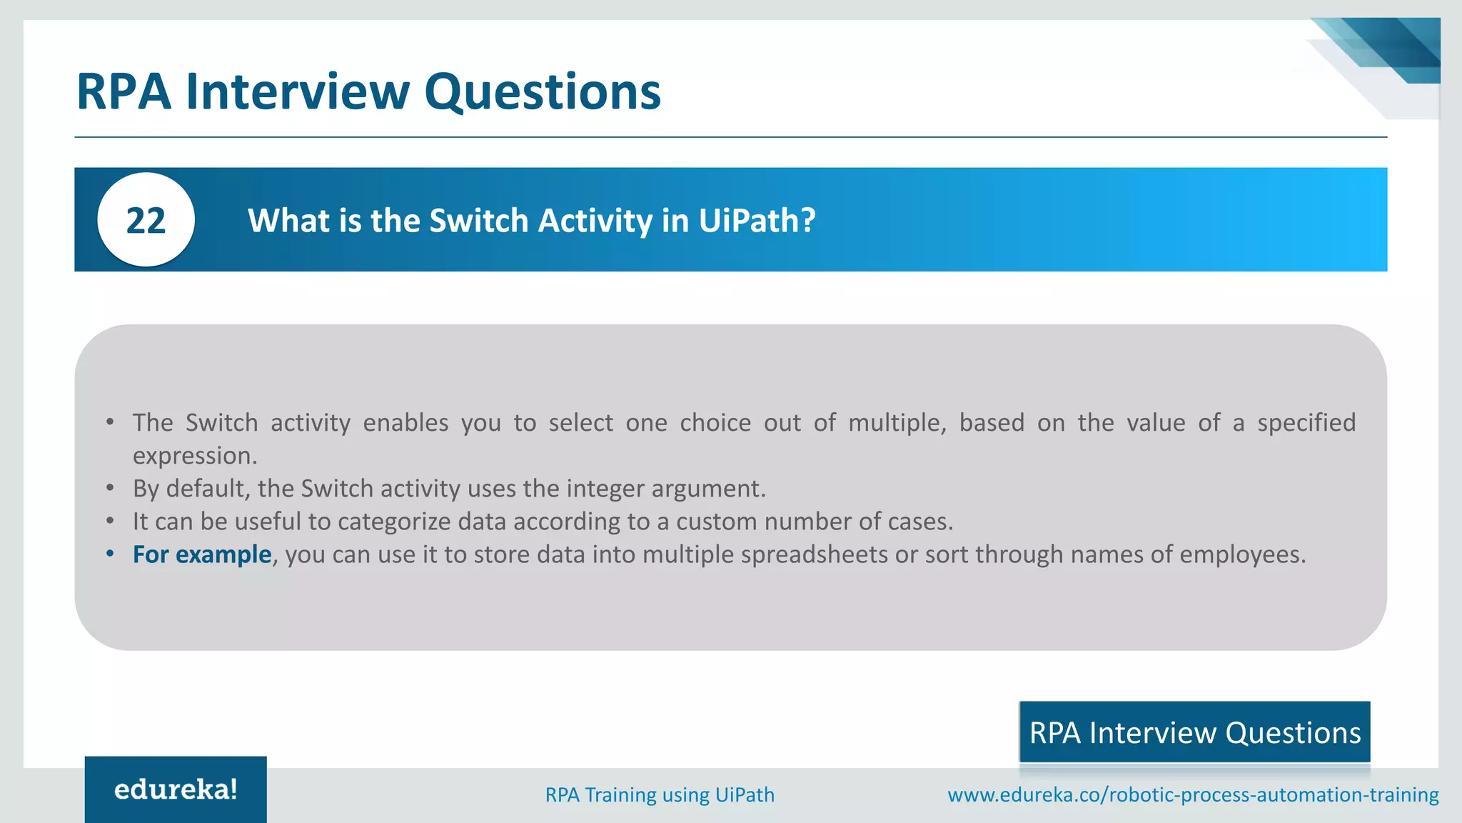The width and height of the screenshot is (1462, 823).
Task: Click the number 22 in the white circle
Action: (146, 220)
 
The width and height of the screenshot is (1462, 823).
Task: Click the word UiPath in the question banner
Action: (755, 220)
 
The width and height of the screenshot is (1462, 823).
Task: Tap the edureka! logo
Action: (176, 789)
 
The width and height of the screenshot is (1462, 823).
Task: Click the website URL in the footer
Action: (1193, 794)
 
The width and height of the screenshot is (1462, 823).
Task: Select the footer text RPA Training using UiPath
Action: (660, 794)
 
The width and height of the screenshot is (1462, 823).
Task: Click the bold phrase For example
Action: (202, 554)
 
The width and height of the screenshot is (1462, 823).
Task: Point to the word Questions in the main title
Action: (543, 91)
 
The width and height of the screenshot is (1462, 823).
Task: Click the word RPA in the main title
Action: (123, 91)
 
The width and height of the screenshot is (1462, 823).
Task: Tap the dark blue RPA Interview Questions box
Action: (1194, 732)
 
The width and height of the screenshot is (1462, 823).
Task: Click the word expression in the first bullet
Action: (194, 456)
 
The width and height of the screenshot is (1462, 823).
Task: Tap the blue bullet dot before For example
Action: (110, 554)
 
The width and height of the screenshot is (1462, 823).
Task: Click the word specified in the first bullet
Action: (1306, 423)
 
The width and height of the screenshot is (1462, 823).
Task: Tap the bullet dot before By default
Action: (110, 488)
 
